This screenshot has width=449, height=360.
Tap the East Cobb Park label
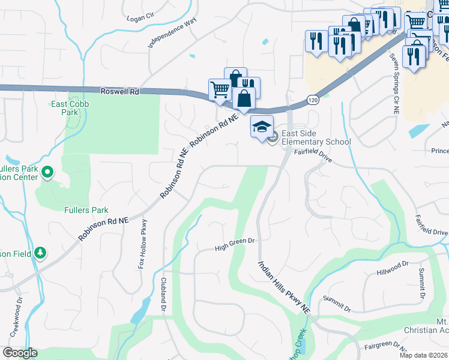tap(65, 108)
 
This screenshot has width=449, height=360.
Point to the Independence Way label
tap(172, 33)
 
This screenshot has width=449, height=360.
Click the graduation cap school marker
tap(261, 127)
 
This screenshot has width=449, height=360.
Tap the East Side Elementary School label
tap(316, 138)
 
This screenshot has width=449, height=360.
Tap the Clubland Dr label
tap(163, 294)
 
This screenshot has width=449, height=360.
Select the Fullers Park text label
tap(86, 210)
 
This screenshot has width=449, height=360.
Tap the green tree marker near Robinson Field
tap(40, 253)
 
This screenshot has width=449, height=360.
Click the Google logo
tap(20, 353)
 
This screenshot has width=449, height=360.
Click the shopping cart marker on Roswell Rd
tap(220, 90)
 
